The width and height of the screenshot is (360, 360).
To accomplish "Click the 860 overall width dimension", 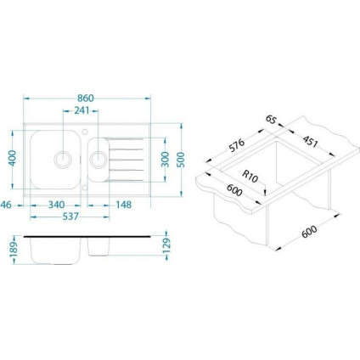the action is pyautogui.click(x=86, y=98).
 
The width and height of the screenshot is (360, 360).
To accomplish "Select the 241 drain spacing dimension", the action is pyautogui.click(x=82, y=110).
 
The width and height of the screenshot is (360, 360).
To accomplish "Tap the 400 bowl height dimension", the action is pyautogui.click(x=13, y=158).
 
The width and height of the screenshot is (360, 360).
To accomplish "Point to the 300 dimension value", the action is pyautogui.click(x=164, y=160).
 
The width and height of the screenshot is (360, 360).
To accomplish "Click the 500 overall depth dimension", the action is pyautogui.click(x=180, y=160).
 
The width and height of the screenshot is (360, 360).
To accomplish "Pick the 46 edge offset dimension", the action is pyautogui.click(x=6, y=205).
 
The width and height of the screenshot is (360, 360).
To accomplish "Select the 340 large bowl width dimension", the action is pyautogui.click(x=56, y=205).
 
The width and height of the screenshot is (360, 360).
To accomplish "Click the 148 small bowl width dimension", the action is pyautogui.click(x=124, y=205).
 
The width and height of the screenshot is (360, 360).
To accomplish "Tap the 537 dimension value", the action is pyautogui.click(x=70, y=217).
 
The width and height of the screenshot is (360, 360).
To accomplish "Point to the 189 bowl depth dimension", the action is pyautogui.click(x=14, y=250).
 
